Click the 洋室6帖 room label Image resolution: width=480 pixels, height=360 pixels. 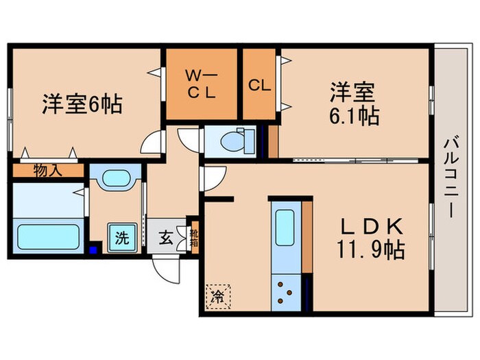[82, 104]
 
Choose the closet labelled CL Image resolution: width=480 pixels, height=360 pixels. [259, 85]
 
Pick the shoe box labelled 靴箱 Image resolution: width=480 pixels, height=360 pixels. [193, 239]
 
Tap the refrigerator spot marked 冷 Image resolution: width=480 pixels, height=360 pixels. [216, 297]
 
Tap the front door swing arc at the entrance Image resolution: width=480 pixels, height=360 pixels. [165, 269]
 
